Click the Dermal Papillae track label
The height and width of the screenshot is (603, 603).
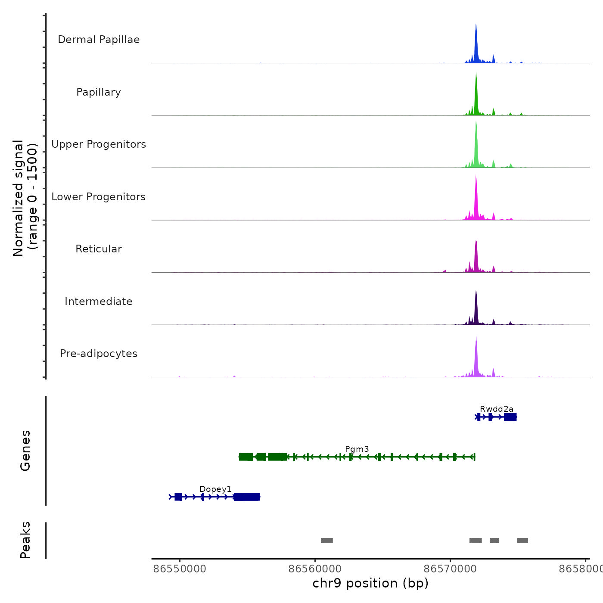(99, 40)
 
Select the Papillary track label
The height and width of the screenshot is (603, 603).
(99, 92)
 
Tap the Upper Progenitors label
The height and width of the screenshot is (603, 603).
(99, 144)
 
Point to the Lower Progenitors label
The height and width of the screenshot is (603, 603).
(99, 197)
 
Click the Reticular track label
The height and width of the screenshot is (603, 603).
(99, 249)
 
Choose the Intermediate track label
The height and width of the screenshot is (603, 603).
(99, 301)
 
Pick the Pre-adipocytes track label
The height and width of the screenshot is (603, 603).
(99, 354)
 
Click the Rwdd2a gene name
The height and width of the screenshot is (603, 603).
(497, 409)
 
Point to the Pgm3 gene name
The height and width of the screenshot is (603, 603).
(357, 449)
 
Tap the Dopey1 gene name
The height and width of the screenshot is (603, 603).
(215, 489)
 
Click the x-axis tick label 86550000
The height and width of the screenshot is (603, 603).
(180, 569)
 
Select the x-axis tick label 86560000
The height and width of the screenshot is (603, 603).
(315, 569)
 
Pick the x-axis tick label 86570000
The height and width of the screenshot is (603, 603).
(450, 569)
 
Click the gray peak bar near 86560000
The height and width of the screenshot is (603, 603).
(327, 541)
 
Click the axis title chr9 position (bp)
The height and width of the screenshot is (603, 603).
(370, 583)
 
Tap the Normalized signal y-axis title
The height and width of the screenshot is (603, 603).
(25, 198)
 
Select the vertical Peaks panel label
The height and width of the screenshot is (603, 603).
(25, 540)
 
